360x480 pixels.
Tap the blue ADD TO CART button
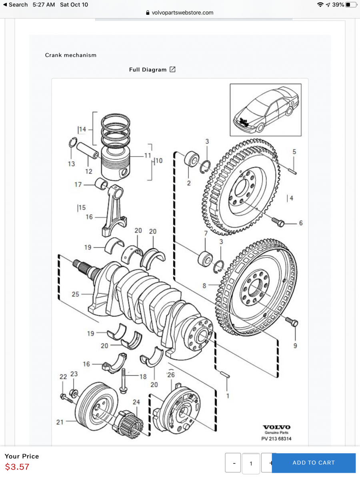(x=313, y=463)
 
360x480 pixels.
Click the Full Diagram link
(x=152, y=70)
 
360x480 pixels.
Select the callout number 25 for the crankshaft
(x=76, y=294)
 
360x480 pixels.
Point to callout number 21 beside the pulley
(x=60, y=422)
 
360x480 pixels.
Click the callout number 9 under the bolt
(x=295, y=346)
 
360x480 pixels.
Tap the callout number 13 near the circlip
(x=71, y=164)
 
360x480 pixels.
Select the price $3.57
(x=17, y=466)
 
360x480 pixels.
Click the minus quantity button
(x=233, y=463)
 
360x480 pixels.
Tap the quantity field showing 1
(x=251, y=464)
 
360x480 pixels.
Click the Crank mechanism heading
(x=71, y=55)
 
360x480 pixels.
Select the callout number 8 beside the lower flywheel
(x=204, y=286)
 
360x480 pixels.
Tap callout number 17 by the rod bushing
(x=78, y=184)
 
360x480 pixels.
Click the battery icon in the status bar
(x=350, y=5)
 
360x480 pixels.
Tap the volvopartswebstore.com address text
(x=182, y=13)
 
